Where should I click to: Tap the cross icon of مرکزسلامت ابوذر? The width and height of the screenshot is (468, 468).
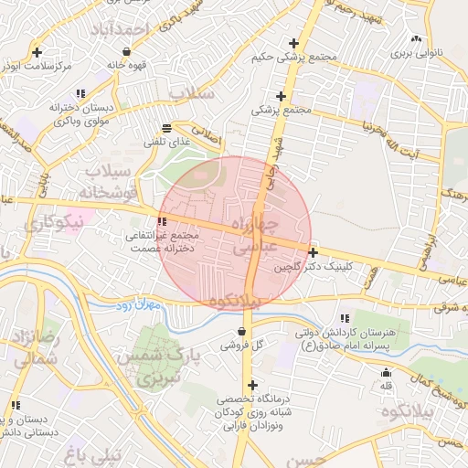tap(36, 51)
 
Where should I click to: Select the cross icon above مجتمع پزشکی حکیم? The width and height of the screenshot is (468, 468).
tap(293, 43)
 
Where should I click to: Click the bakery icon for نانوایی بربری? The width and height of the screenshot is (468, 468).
tap(417, 38)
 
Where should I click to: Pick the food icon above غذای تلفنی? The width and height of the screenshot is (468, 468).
tap(165, 129)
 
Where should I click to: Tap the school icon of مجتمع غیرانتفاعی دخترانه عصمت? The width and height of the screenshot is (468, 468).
tap(163, 221)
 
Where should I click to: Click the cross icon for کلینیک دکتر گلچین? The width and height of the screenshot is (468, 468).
tap(314, 252)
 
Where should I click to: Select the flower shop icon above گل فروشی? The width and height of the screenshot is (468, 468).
tap(241, 331)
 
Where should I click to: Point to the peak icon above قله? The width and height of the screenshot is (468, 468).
tap(386, 372)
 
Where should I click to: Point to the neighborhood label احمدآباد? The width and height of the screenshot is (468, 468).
tap(120, 31)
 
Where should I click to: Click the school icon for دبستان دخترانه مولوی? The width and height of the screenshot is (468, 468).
tap(81, 93)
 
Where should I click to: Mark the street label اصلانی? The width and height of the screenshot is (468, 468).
tap(206, 136)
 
